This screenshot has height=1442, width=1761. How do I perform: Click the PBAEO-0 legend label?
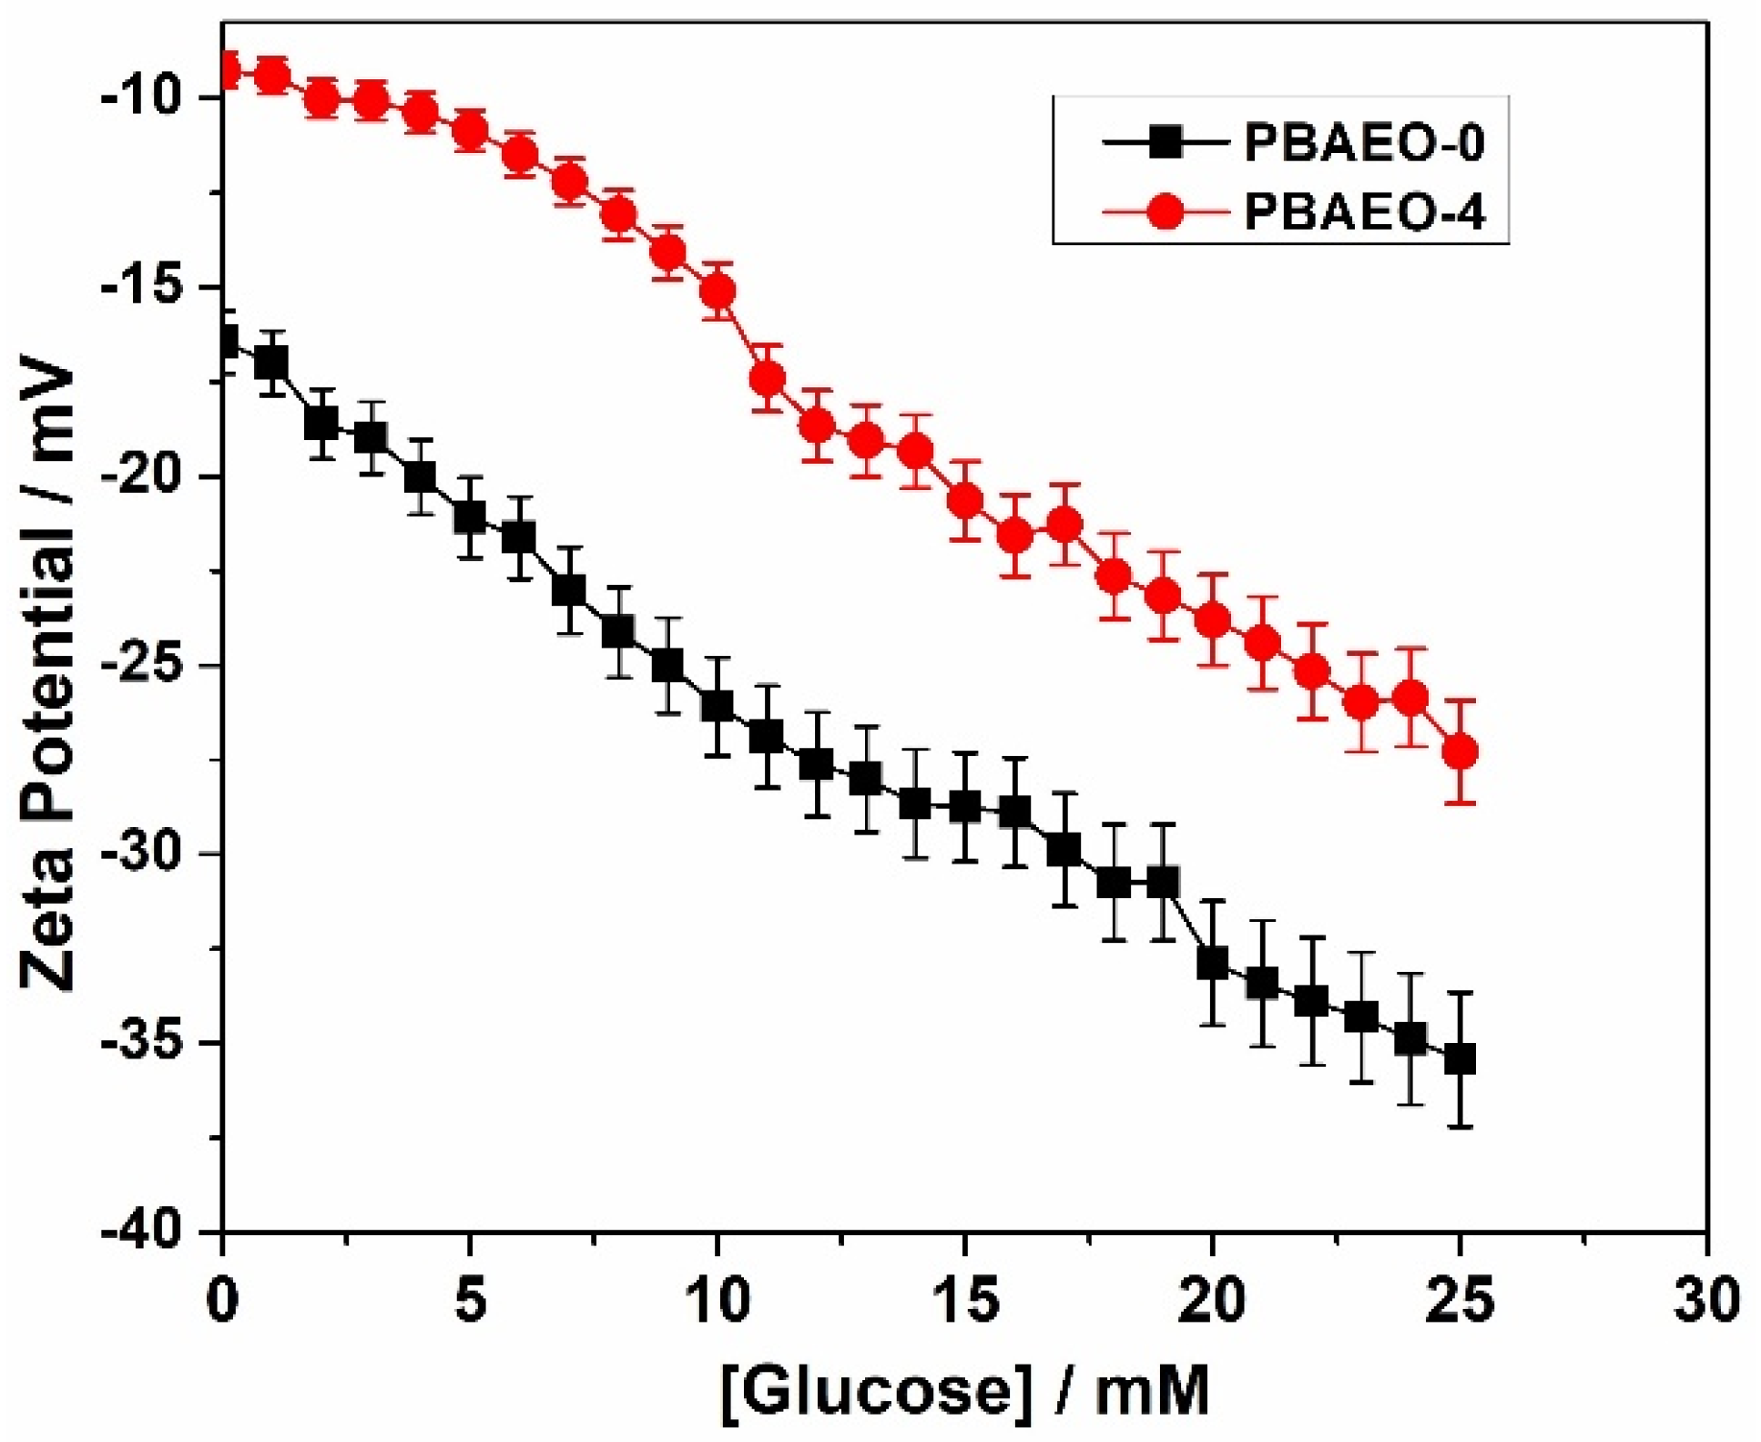coord(1363,143)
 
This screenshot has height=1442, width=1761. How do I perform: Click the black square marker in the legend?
coord(1164,143)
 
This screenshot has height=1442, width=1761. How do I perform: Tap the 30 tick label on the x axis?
coord(1705,1301)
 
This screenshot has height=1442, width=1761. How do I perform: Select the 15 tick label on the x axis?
coord(964,1301)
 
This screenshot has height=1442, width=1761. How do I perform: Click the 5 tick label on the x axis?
coord(470,1301)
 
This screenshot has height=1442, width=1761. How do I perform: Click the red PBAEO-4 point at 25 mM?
coord(1460,752)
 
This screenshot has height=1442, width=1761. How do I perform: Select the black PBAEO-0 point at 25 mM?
coord(1460,1059)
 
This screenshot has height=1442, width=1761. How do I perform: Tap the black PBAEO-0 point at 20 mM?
coord(1212,963)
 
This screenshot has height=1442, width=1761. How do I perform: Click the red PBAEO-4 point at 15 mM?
coord(964,500)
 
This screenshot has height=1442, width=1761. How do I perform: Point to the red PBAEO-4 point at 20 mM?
coord(1212,620)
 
